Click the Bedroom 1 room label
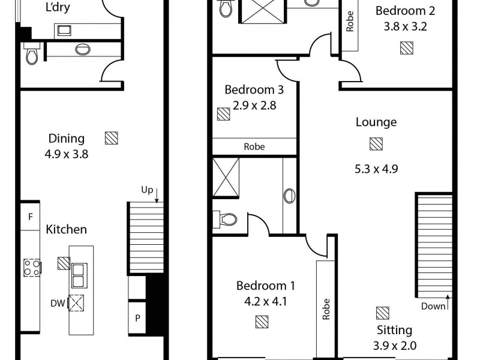tap(261, 285)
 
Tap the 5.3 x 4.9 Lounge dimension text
tap(376, 168)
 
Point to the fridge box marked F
tap(30, 217)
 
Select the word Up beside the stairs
tap(147, 190)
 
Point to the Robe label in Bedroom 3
tap(254, 146)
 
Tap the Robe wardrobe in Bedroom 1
tap(326, 308)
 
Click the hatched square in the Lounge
tap(376, 144)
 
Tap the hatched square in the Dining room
tap(111, 138)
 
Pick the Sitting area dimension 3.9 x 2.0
tap(394, 346)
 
